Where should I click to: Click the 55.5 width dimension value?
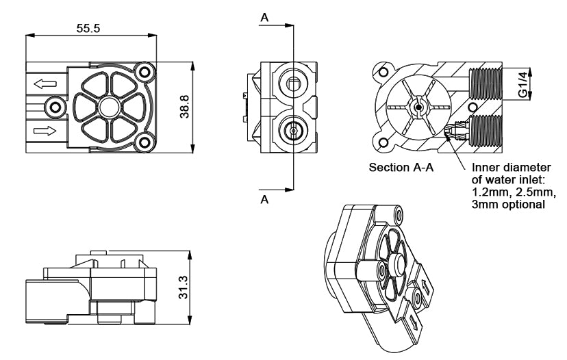click(88, 28)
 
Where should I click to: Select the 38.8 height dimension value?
click(185, 107)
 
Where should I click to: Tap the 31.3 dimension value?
click(184, 287)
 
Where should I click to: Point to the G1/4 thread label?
click(522, 84)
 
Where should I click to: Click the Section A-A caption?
click(401, 168)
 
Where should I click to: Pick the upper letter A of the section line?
click(265, 17)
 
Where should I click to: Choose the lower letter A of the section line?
click(265, 199)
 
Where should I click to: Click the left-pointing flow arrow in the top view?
click(45, 84)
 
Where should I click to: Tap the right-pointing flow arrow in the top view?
click(45, 131)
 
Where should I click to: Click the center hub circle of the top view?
click(110, 107)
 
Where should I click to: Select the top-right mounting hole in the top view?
click(144, 73)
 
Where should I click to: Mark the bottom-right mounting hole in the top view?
click(144, 143)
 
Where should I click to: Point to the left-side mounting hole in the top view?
click(55, 107)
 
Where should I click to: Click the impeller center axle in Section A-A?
click(418, 107)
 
